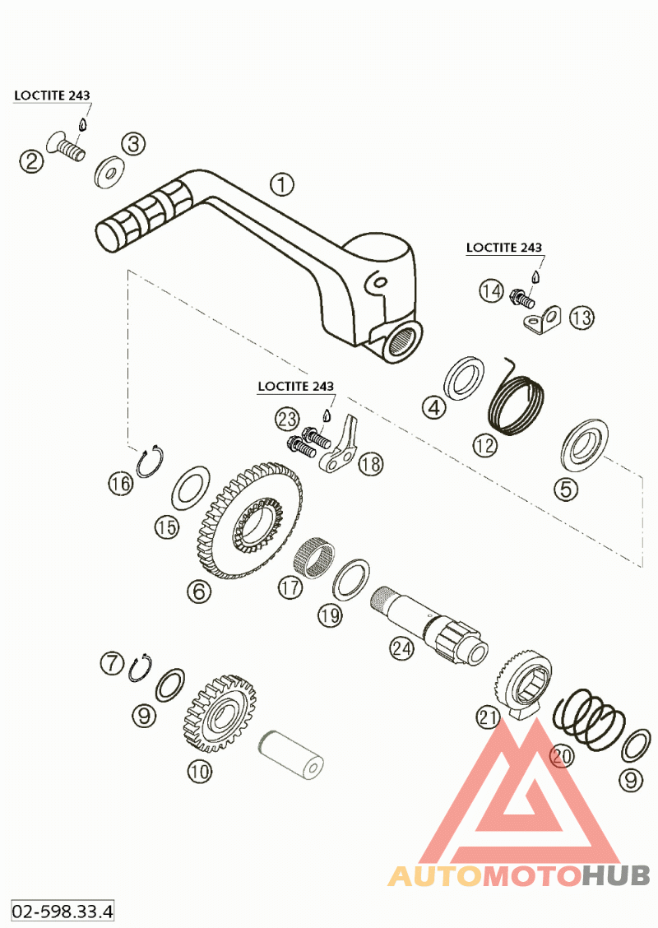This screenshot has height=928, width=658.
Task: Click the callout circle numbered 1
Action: click(x=281, y=184)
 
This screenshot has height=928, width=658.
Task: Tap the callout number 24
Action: click(x=401, y=648)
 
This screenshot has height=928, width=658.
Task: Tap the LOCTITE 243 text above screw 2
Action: click(x=51, y=95)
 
